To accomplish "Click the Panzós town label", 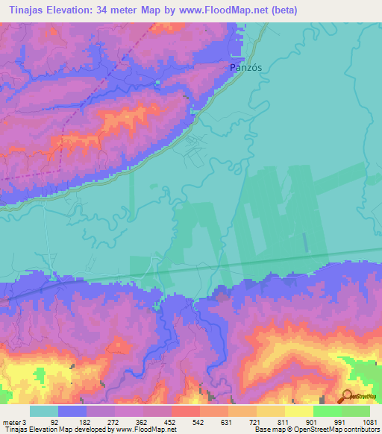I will [x=245, y=66].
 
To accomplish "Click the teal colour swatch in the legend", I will [x=44, y=410].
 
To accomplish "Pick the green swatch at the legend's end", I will [x=356, y=410].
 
